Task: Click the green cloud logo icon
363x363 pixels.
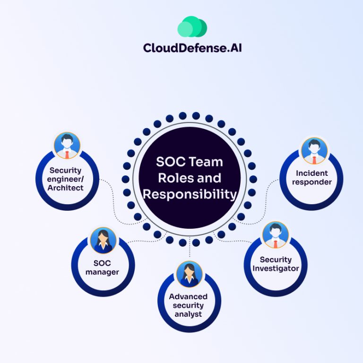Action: pyautogui.click(x=192, y=27)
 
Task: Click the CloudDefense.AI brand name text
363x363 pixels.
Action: pyautogui.click(x=192, y=48)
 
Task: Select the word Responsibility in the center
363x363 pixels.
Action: pyautogui.click(x=190, y=194)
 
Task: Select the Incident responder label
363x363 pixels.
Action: pyautogui.click(x=312, y=178)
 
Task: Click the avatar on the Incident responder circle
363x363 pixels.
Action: pyautogui.click(x=314, y=150)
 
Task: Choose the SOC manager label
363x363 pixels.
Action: pyautogui.click(x=103, y=268)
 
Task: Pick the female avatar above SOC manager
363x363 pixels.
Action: pyautogui.click(x=103, y=240)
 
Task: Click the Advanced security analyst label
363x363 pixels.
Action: pyautogui.click(x=188, y=305)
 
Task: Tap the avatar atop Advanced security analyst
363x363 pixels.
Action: pyautogui.click(x=189, y=274)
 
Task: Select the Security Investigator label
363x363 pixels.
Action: pyautogui.click(x=276, y=264)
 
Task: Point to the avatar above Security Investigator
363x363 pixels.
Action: pyautogui.click(x=276, y=235)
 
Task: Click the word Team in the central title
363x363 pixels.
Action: pyautogui.click(x=205, y=162)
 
